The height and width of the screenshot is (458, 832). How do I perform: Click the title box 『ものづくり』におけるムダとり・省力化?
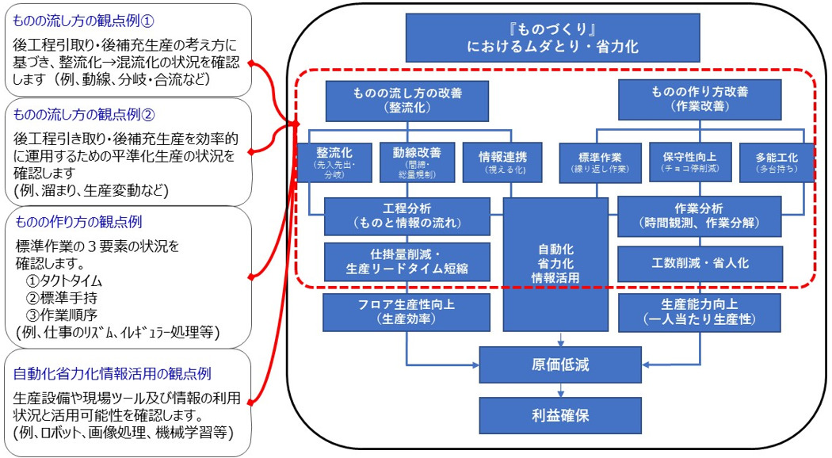tap(552, 36)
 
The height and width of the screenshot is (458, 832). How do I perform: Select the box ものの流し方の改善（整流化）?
tap(407, 99)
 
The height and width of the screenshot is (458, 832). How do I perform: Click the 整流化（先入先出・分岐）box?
tap(334, 162)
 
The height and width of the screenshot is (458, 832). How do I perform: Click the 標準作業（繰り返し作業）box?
tap(600, 162)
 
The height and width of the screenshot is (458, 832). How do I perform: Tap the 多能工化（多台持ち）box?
tap(776, 162)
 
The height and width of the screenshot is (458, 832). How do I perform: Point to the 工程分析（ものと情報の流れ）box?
tap(406, 216)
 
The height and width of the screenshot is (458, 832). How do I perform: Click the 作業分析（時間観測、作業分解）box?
tap(699, 216)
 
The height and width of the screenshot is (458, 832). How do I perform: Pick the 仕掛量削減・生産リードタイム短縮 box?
tap(406, 261)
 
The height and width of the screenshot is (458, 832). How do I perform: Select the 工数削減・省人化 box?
tap(699, 261)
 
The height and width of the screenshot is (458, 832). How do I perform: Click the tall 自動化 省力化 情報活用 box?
tap(560, 263)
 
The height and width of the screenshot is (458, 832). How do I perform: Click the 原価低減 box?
tap(560, 365)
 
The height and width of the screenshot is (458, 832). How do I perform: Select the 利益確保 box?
tap(560, 414)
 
